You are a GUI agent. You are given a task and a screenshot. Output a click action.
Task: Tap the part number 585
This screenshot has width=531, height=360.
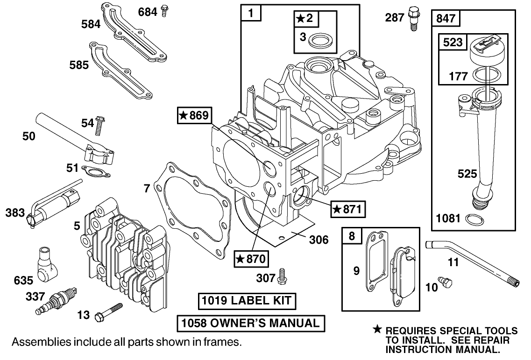pos(79,65)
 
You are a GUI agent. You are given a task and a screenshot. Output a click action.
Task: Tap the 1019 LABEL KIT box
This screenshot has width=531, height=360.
pos(247,301)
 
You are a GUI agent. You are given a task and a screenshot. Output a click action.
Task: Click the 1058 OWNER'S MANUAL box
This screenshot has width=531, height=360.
pos(250,323)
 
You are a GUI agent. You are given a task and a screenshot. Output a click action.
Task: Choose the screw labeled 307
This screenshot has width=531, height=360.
pos(282,276)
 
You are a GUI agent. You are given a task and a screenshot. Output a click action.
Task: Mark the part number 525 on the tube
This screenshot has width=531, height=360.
pos(467,174)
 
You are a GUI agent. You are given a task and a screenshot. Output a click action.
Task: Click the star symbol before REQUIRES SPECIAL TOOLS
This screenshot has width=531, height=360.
pos(378,330)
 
